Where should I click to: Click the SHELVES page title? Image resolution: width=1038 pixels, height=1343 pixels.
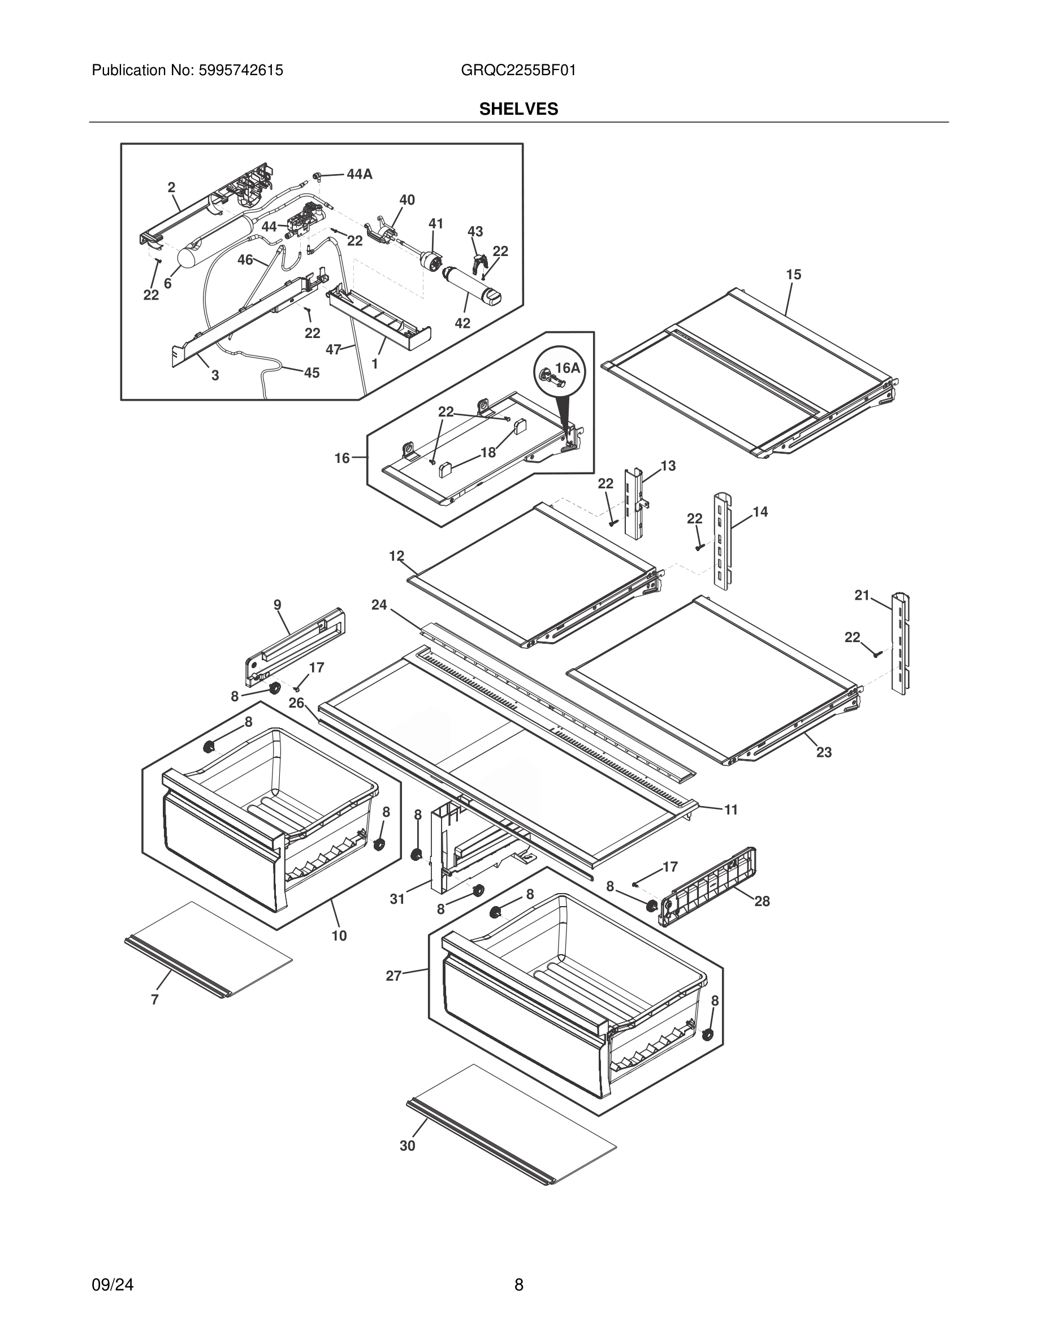click(518, 110)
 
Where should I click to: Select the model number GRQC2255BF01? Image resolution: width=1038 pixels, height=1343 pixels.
click(518, 71)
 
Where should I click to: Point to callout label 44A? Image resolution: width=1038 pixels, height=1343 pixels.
click(359, 175)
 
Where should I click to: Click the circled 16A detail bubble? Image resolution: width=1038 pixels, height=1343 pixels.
click(559, 372)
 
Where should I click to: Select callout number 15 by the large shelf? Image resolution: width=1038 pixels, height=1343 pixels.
click(793, 275)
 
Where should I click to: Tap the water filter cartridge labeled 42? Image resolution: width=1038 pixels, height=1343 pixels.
click(471, 285)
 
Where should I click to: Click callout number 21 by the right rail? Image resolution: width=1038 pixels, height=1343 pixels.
click(862, 595)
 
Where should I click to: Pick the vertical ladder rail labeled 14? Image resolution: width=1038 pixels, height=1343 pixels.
click(723, 541)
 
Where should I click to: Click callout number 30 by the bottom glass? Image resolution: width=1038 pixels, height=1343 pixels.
click(407, 1146)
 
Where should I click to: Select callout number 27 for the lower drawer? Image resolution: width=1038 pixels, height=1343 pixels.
click(393, 975)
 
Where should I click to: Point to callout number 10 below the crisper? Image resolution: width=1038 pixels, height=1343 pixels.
click(339, 936)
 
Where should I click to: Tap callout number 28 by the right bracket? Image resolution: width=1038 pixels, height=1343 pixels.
click(762, 902)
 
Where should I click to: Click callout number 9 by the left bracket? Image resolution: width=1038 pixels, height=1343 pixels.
click(278, 605)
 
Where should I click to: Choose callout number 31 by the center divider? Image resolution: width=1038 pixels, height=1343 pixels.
click(397, 899)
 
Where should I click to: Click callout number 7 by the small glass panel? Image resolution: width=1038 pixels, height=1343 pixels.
click(155, 1000)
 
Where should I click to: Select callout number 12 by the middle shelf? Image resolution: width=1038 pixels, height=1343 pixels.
click(397, 556)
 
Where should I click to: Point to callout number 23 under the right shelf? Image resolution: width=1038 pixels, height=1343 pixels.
click(823, 752)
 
